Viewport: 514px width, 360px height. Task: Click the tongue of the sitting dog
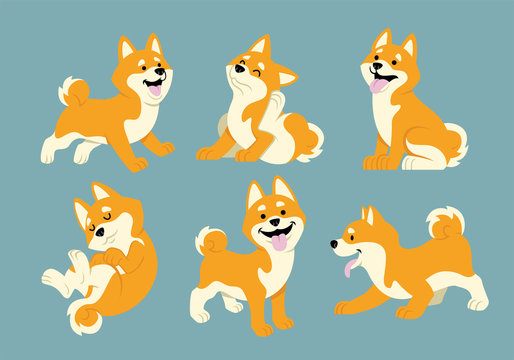[378, 86]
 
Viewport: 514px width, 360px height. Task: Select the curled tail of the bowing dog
[445, 221]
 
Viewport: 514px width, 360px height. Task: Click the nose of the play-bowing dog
[334, 243]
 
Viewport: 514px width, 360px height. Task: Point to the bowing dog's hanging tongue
[349, 267]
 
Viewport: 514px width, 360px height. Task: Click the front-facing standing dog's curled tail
[210, 240]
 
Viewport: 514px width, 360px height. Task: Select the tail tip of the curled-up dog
[86, 319]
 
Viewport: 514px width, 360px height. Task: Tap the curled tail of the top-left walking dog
[73, 91]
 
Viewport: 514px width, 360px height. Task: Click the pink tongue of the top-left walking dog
[154, 90]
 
